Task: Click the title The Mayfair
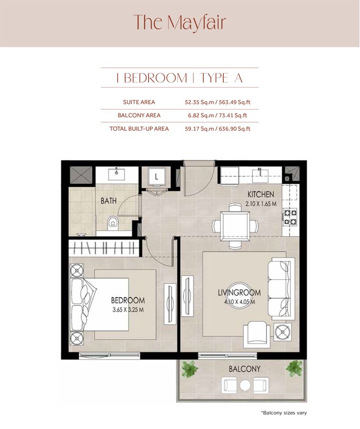(180, 22)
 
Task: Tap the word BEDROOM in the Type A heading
(155, 78)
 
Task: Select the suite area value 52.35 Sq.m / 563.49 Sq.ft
(217, 102)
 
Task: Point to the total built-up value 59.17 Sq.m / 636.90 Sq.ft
(217, 129)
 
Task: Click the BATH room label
(108, 201)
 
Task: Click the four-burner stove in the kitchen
(290, 216)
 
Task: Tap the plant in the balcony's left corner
(190, 368)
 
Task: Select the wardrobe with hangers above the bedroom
(104, 247)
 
